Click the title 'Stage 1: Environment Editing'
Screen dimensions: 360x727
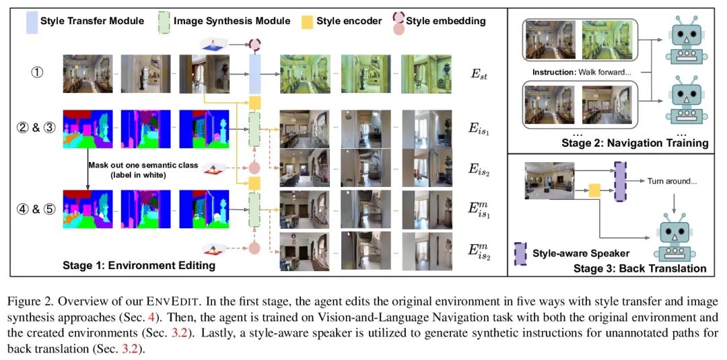click(x=139, y=265)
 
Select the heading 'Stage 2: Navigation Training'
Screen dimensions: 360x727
click(x=635, y=143)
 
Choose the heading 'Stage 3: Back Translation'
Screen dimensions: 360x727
click(x=639, y=268)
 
